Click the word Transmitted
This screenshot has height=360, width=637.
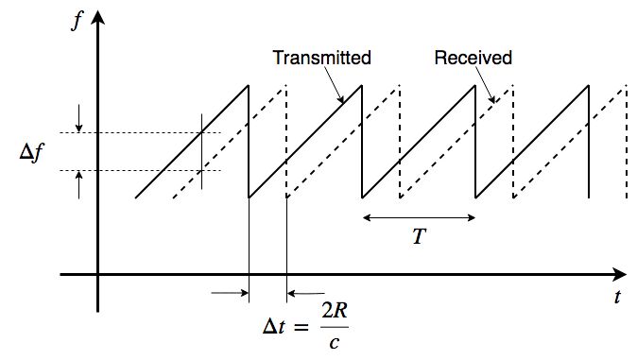[x=321, y=58]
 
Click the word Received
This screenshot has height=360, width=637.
[x=473, y=58]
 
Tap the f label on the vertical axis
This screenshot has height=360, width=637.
[x=77, y=21]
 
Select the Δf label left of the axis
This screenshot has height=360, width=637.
[x=32, y=152]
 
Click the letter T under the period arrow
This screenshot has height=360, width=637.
[x=419, y=236]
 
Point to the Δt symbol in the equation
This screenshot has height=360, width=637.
[x=274, y=326]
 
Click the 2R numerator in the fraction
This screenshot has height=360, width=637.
[x=335, y=311]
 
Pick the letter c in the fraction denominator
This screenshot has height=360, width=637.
[x=335, y=343]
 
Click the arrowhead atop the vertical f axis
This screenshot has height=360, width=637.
[x=97, y=17]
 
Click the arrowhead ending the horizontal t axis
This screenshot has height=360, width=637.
[x=619, y=275]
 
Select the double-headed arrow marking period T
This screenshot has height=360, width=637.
[x=419, y=217]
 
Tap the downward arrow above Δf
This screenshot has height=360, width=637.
[x=78, y=119]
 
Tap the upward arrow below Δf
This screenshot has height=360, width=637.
[x=78, y=185]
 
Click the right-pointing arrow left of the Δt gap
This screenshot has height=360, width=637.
[x=230, y=293]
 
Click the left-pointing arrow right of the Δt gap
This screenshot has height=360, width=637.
[x=306, y=293]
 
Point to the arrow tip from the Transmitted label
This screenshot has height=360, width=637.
[x=343, y=103]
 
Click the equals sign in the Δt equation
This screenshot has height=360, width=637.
[x=301, y=326]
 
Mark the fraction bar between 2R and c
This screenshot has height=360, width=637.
[x=335, y=327]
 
